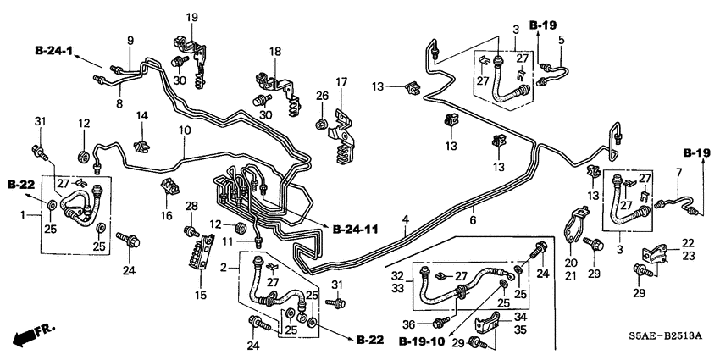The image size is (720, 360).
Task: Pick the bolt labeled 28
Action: point(191,231)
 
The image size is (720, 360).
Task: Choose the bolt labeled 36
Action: point(439,322)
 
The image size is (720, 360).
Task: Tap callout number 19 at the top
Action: point(191,16)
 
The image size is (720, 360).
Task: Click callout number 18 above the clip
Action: point(274,53)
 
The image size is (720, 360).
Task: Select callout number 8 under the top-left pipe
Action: point(119,103)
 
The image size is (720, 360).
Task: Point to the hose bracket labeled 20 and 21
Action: point(574,234)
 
